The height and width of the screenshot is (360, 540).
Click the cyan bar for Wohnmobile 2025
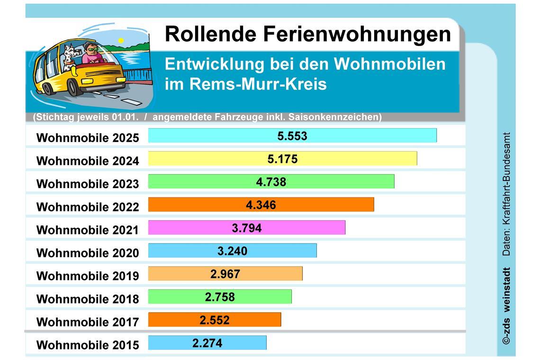(x=292, y=136)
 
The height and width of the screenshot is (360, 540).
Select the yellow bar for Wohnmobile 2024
(x=282, y=159)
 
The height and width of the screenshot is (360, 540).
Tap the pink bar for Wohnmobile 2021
(x=246, y=228)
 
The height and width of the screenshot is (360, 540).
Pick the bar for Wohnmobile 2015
(x=207, y=343)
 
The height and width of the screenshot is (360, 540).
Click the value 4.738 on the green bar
(x=271, y=182)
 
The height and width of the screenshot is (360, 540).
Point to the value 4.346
(x=261, y=205)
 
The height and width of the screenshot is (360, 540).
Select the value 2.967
(x=225, y=274)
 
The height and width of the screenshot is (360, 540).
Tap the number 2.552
(x=214, y=320)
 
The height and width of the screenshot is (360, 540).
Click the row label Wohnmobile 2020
(x=88, y=253)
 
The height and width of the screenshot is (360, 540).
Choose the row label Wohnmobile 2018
(x=88, y=299)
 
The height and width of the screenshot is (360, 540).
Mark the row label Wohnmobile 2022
(x=88, y=207)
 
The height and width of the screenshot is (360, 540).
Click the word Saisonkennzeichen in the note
(x=339, y=117)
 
